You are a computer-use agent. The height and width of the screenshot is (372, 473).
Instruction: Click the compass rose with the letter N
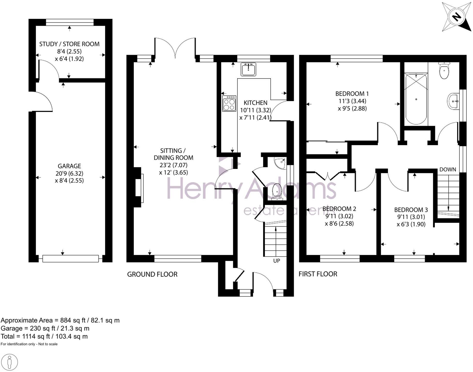[456, 17]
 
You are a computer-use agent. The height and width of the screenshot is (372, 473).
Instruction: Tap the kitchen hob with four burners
[229, 103]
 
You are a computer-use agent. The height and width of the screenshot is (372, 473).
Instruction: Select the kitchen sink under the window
[248, 69]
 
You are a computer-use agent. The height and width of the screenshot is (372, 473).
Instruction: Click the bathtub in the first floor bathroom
[416, 99]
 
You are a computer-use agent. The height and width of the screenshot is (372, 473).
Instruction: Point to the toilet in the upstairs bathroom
[444, 71]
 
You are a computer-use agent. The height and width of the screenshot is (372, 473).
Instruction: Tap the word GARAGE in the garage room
[69, 166]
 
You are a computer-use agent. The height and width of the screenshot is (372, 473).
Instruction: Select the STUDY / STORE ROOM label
[69, 44]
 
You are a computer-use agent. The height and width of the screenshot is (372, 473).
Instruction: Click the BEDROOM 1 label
[352, 94]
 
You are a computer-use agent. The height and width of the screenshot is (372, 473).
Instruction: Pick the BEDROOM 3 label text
[411, 210]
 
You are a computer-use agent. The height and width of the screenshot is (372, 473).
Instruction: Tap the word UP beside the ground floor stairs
[277, 261]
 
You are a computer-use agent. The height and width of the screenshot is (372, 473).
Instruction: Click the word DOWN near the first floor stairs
[447, 169]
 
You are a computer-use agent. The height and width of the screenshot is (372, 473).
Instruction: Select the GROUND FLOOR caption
[152, 274]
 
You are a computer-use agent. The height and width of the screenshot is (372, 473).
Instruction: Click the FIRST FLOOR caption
[318, 274]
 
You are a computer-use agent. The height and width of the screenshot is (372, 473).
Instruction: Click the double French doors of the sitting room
[175, 48]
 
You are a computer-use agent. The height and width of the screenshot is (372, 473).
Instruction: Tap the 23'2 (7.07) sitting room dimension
[173, 165]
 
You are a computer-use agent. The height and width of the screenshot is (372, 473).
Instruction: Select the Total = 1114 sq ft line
[44, 336]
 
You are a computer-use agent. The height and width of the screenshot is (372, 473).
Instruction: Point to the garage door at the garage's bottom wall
[70, 258]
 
